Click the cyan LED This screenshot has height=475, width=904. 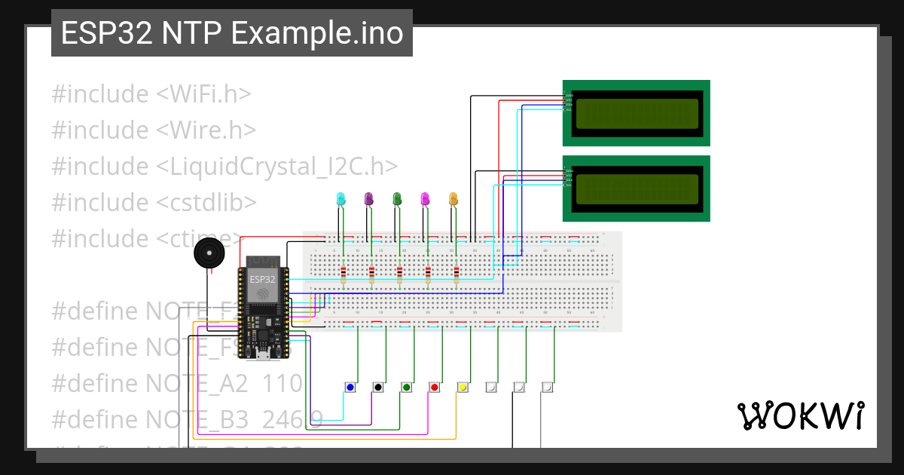(x=341, y=198)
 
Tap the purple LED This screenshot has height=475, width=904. (x=369, y=198)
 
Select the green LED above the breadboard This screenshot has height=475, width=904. (x=397, y=198)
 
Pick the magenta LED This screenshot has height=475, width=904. (x=426, y=198)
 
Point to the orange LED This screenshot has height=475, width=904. (x=454, y=198)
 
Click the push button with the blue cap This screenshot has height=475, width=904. (x=350, y=387)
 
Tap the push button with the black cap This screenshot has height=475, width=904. (x=377, y=387)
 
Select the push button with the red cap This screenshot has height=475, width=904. (x=434, y=387)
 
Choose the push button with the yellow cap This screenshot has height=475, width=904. (x=463, y=387)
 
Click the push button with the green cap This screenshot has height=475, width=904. (x=406, y=387)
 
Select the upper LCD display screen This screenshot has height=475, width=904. (x=637, y=113)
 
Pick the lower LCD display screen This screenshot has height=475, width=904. (x=637, y=188)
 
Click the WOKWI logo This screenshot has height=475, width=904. (x=800, y=415)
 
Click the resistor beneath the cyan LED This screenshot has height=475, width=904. (x=344, y=273)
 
